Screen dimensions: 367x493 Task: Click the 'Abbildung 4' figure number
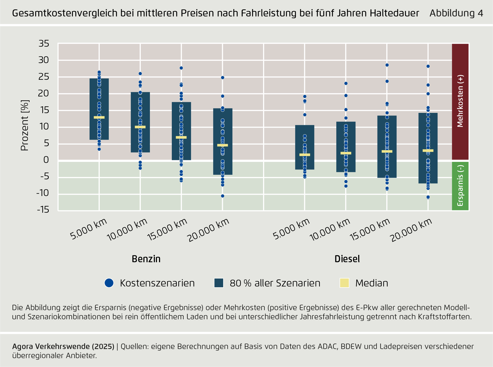[456, 13]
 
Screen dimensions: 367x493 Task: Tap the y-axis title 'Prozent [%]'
[25, 125]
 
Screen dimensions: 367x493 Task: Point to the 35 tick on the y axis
[44, 44]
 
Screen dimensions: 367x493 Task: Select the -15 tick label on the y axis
[43, 209]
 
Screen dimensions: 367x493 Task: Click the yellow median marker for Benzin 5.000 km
[99, 117]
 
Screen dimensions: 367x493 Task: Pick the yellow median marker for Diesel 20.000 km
[428, 150]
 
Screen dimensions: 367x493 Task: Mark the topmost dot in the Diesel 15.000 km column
[387, 65]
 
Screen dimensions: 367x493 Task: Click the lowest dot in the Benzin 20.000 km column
[222, 196]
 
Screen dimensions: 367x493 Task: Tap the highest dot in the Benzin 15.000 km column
[181, 68]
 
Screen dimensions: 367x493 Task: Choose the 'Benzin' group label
[146, 259]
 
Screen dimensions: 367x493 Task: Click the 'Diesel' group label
[347, 259]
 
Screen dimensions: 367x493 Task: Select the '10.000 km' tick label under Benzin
[127, 230]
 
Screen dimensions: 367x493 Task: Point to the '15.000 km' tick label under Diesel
[370, 229]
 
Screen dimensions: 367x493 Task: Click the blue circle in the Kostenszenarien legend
[109, 283]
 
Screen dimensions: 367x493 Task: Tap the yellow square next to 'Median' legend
[344, 283]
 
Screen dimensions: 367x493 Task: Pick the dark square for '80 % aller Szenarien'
[219, 283]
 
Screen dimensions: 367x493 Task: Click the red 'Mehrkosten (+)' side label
[460, 101]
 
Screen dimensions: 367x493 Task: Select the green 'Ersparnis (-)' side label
[460, 186]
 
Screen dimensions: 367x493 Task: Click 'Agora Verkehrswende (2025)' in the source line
[63, 346]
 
